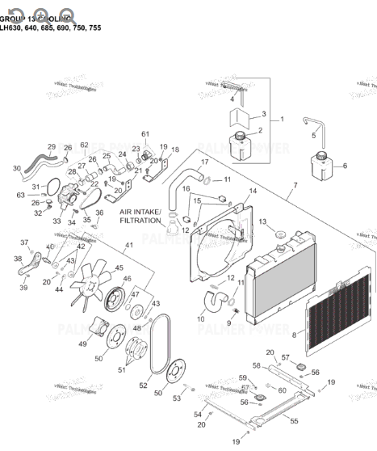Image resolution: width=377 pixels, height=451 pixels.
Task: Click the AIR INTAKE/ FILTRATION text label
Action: (140, 216)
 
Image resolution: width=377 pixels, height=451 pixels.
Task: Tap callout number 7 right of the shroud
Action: (295, 187)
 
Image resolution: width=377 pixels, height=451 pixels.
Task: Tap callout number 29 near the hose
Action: (52, 147)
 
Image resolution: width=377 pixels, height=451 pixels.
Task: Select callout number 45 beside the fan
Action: (120, 268)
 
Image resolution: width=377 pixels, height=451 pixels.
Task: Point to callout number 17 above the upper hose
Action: (204, 162)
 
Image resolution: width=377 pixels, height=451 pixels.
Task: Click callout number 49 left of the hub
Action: (82, 344)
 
